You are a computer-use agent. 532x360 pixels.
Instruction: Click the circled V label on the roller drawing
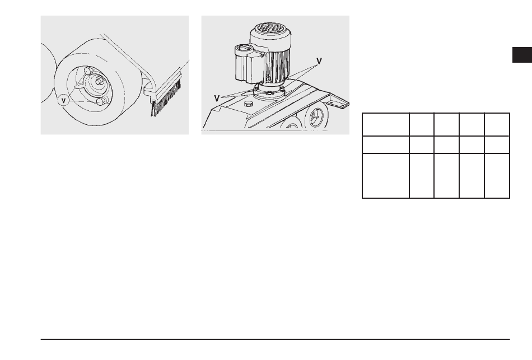pos(63,100)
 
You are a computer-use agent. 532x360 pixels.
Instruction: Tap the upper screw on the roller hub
pos(87,71)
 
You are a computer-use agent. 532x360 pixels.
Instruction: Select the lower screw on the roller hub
pos(100,101)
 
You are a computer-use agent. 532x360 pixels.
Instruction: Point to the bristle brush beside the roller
pos(166,97)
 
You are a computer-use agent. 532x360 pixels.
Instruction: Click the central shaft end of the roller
pos(100,81)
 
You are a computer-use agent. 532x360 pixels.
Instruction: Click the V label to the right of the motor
pos(319,61)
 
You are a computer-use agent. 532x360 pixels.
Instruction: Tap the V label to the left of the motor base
pos(217,99)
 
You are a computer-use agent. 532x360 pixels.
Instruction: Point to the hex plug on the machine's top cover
pos(249,103)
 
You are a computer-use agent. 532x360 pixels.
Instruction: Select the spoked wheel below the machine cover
pos(316,116)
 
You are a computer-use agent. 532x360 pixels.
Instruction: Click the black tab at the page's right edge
pos(522,55)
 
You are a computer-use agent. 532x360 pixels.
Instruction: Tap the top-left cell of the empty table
pos(386,124)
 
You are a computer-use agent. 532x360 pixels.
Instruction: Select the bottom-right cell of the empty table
pos(497,175)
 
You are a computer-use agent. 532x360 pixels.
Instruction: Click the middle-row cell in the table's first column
pos(386,144)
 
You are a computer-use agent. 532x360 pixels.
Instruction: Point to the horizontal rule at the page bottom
pos(275,339)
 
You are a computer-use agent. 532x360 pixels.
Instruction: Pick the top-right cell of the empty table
pos(497,124)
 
